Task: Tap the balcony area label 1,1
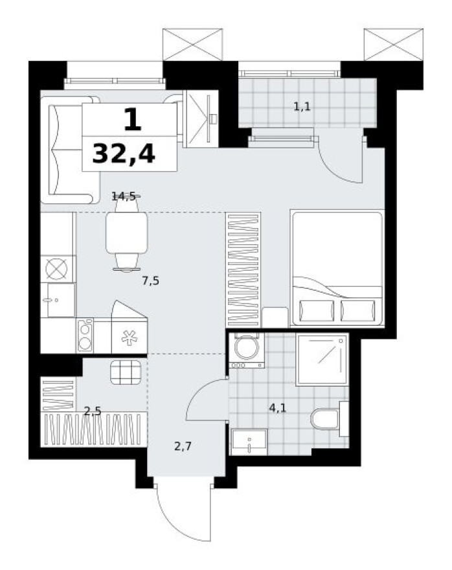point(302,107)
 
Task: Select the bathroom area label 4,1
point(278,407)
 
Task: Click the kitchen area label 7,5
point(150,280)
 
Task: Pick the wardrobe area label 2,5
point(92,410)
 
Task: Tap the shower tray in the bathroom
point(322,359)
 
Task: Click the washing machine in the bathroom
point(246,350)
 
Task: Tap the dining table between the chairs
point(126,233)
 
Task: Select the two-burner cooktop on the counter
point(85,335)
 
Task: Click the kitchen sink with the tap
point(54,300)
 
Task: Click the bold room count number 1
point(131,120)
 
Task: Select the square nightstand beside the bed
point(275,317)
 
